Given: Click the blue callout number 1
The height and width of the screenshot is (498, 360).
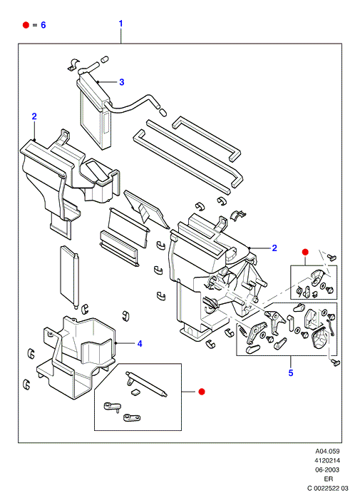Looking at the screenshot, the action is [120, 24].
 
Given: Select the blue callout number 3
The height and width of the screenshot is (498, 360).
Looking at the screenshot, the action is [122, 82].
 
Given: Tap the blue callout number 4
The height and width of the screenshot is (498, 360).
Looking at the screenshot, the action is [140, 344].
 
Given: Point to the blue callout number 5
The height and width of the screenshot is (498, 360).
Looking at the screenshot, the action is [291, 373].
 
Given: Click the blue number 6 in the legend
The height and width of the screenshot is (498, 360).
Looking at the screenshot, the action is [43, 25].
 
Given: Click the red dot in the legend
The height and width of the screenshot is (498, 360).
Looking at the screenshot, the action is [26, 25].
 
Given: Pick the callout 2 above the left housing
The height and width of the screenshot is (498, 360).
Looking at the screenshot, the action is [34, 116].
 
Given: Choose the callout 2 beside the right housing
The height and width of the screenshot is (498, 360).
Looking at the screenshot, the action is [274, 248].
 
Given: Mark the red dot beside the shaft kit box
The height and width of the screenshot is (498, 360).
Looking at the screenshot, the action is [201, 392].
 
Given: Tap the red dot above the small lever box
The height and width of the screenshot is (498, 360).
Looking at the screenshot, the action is [305, 252].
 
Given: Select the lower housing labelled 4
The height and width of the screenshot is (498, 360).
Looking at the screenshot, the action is [76, 356].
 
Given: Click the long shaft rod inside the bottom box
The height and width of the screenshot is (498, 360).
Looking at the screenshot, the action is [147, 384].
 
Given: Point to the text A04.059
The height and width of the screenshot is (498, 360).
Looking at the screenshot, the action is [327, 451].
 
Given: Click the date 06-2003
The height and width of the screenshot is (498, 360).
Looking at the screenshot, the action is [327, 469].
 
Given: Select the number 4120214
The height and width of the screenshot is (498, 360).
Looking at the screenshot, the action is [327, 460].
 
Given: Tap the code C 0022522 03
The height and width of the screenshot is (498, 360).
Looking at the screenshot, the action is [328, 488].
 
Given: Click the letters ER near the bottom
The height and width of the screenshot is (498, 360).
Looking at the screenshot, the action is [328, 479].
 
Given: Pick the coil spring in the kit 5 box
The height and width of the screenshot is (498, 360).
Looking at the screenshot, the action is [242, 330].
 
